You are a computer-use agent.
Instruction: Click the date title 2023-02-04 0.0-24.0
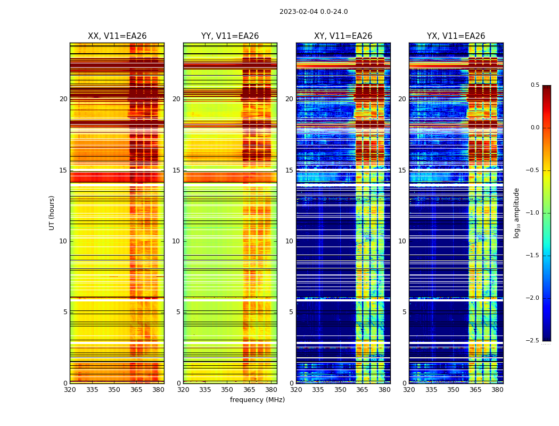click(x=314, y=12)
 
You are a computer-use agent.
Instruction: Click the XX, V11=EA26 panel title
click(x=117, y=36)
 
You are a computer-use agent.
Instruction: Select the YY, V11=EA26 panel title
click(x=230, y=36)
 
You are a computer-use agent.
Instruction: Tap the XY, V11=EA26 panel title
click(x=343, y=36)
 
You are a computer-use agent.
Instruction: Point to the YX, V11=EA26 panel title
click(x=456, y=36)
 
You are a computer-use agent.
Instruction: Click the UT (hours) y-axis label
click(x=52, y=212)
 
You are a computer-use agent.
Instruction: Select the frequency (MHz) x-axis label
click(x=257, y=400)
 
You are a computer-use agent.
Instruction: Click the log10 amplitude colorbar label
click(x=516, y=212)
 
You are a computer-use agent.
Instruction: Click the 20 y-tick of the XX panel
click(x=63, y=99)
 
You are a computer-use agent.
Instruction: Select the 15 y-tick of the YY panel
click(x=176, y=170)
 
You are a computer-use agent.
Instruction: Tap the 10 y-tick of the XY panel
click(x=289, y=241)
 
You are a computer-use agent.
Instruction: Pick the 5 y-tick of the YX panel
click(x=404, y=312)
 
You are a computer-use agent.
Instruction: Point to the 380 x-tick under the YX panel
click(x=497, y=389)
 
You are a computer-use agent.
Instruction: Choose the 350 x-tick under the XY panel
click(x=340, y=389)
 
